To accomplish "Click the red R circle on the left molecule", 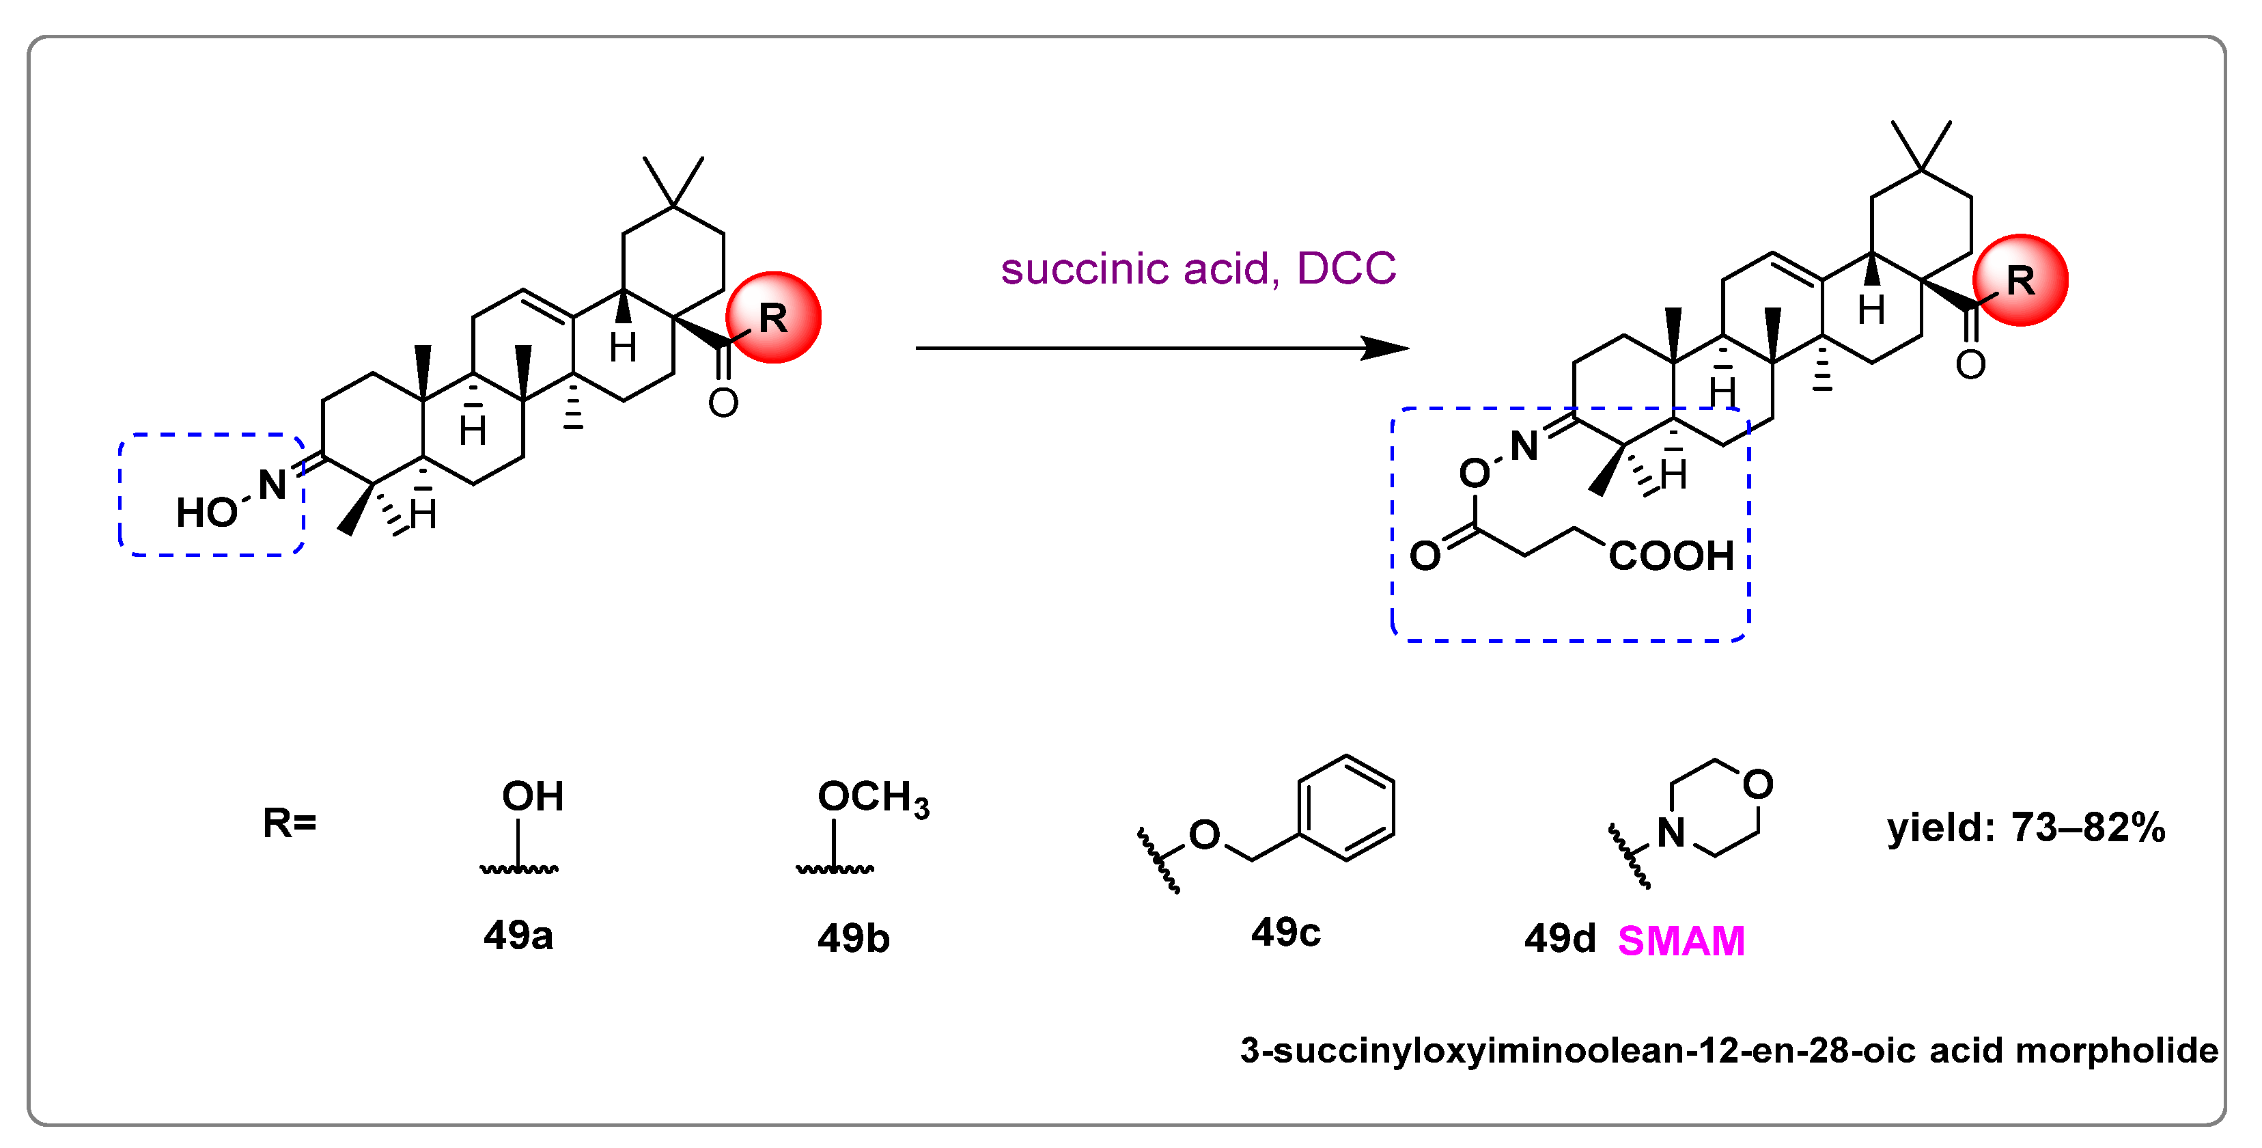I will pos(772,317).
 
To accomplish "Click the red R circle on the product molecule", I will pos(2020,280).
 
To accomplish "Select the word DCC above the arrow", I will pos(1345,269).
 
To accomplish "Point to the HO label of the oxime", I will pos(207,512).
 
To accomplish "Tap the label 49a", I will pos(518,935).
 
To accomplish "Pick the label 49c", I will pos(1285,932).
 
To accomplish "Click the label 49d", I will pos(1559,939).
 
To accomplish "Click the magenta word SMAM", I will pos(1681,941).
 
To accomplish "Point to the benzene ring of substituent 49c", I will pos(1345,808).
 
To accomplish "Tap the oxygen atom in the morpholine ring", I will pos(1758,784).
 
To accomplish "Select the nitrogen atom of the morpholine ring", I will pos(1671,833).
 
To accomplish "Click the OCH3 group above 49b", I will pos(873,797).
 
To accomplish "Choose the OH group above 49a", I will pos(532,797).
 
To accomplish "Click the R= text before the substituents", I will pos(290,823).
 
